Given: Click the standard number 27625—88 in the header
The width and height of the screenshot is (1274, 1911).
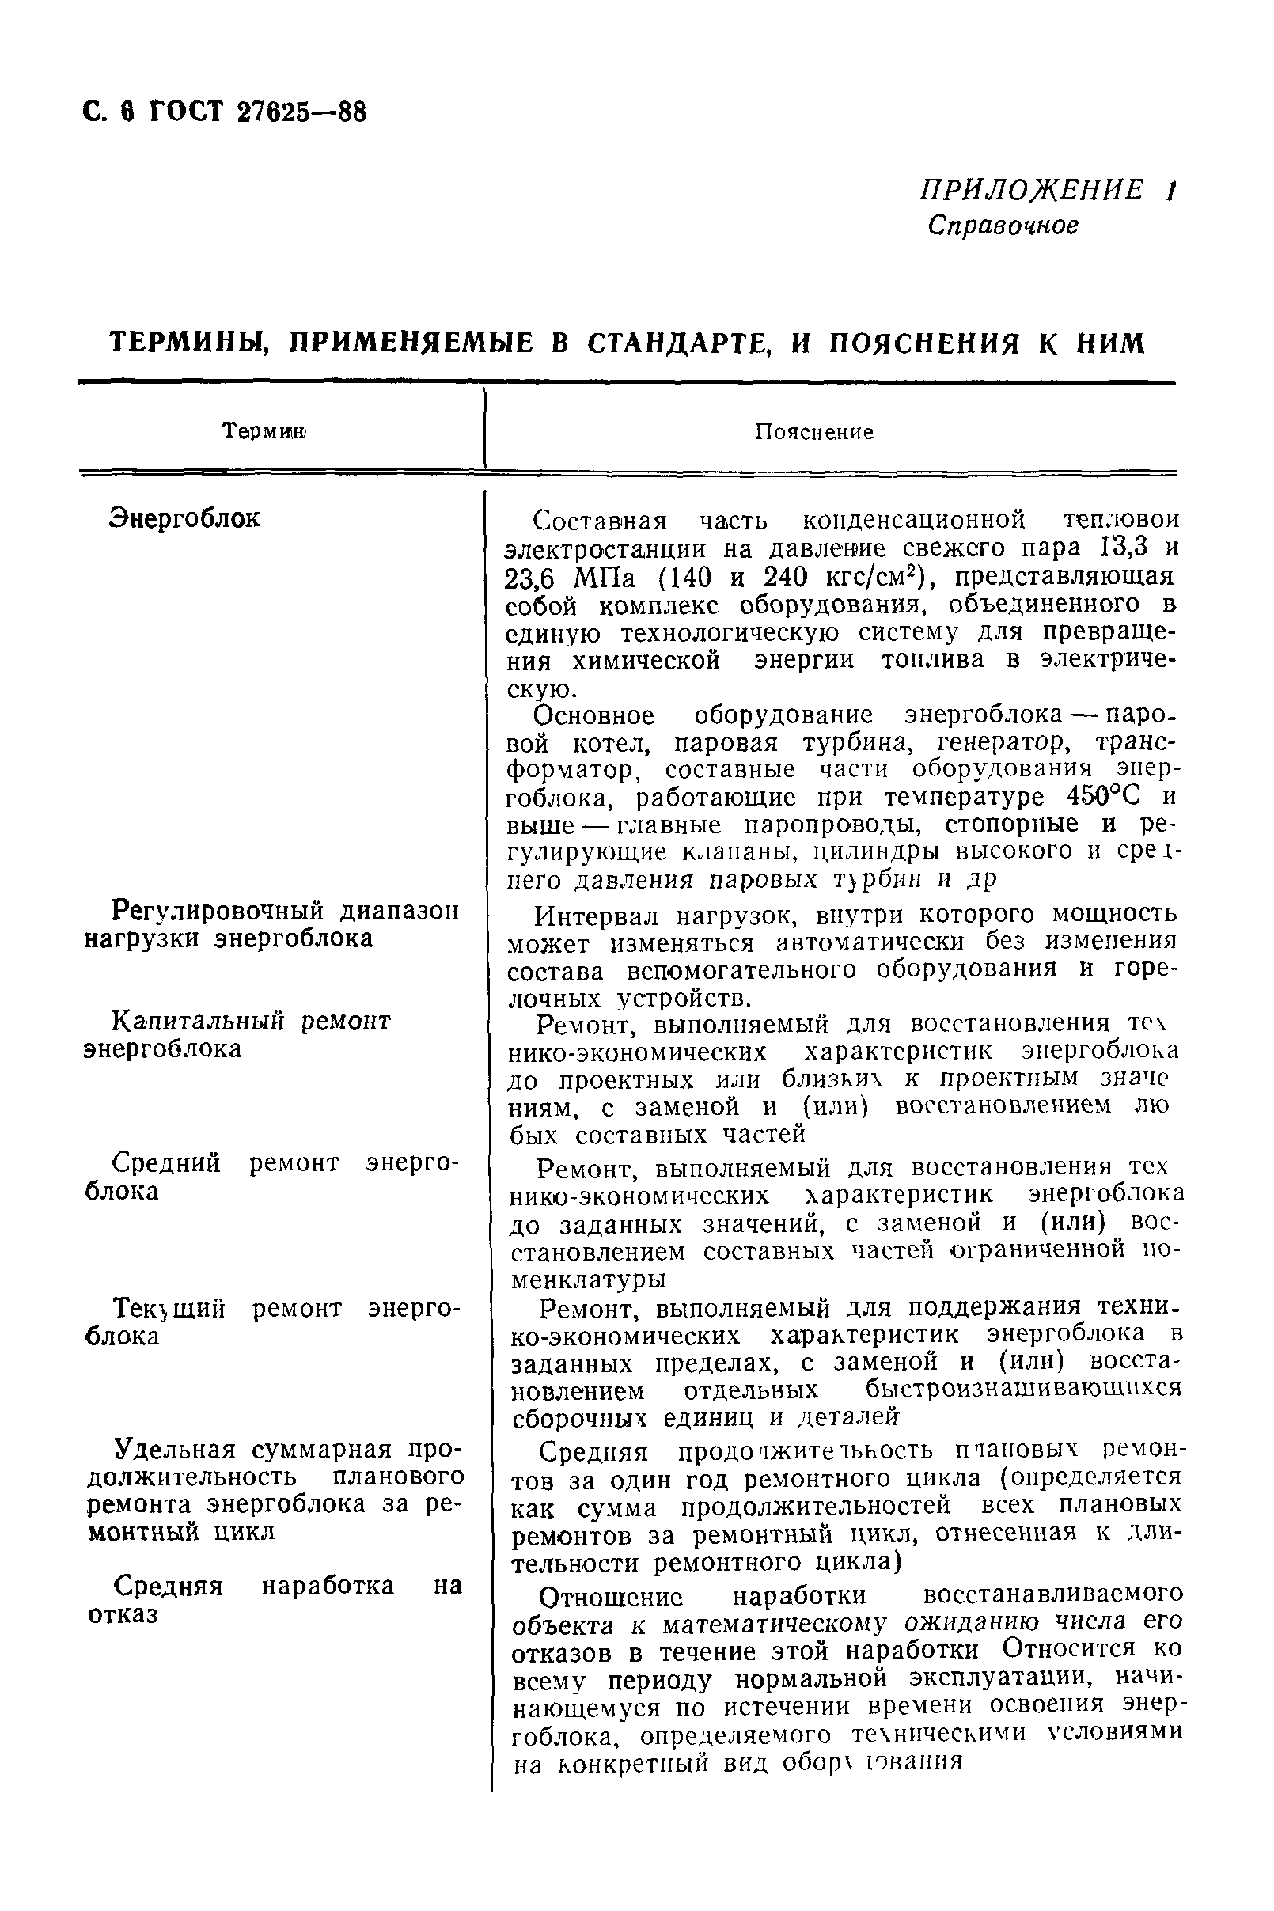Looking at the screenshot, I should coord(301,112).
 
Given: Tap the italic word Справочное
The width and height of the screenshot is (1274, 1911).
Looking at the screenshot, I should coord(1003,225).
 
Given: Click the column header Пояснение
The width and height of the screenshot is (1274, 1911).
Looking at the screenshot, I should coord(814,432).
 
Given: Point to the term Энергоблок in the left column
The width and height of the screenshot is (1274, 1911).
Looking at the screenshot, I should coord(184,518).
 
